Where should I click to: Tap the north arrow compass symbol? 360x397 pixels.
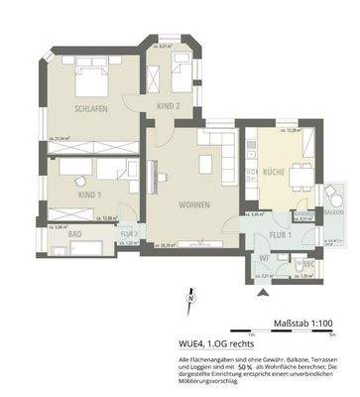click(187, 294)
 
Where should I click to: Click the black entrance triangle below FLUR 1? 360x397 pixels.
click(262, 295)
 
